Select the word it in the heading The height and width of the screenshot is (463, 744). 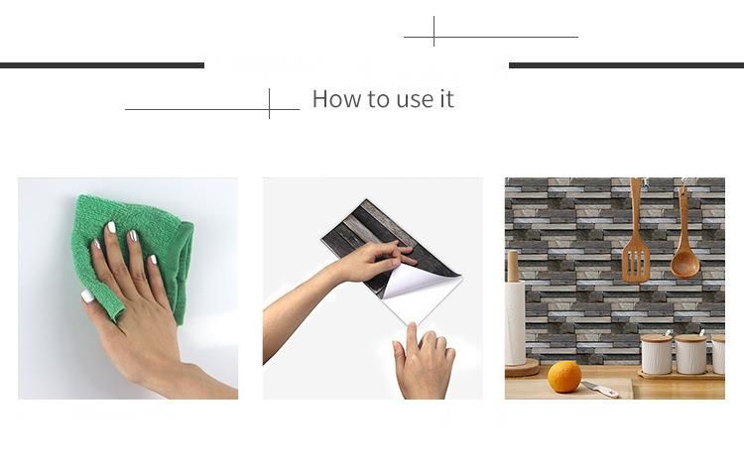tap(447, 99)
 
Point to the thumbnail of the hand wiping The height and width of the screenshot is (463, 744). tap(128, 289)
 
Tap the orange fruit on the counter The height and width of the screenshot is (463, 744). tap(564, 377)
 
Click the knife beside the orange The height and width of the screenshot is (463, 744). tap(600, 389)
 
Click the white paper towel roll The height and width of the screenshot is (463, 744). tap(515, 322)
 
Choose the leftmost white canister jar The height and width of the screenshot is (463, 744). tap(657, 354)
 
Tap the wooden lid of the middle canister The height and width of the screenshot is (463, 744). tap(690, 338)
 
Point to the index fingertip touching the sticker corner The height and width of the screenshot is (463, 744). tap(411, 326)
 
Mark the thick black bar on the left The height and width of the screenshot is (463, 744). tap(102, 65)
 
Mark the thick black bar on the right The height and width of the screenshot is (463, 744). tap(626, 65)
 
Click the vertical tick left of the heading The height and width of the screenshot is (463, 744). tap(269, 103)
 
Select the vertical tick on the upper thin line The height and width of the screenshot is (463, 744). tap(434, 32)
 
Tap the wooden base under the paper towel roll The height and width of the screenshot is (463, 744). tap(522, 368)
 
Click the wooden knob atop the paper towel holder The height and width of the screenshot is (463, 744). tap(513, 266)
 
